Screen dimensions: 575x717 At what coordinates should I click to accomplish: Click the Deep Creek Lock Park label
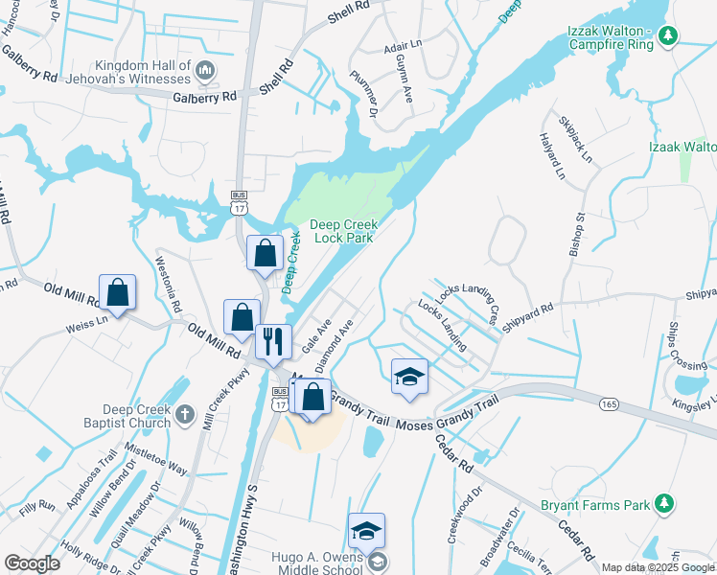[x=343, y=231]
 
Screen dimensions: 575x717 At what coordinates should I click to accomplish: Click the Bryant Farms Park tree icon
[x=662, y=503]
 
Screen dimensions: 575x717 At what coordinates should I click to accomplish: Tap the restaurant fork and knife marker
[x=273, y=341]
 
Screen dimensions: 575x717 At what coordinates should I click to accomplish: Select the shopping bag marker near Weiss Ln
[x=117, y=292]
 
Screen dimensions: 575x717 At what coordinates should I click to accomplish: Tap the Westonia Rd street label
[x=168, y=278]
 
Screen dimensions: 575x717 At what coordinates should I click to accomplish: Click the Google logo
[x=32, y=564]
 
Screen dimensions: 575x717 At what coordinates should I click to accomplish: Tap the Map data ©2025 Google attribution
[x=657, y=567]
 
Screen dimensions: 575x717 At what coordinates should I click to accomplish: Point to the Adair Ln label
[x=403, y=44]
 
